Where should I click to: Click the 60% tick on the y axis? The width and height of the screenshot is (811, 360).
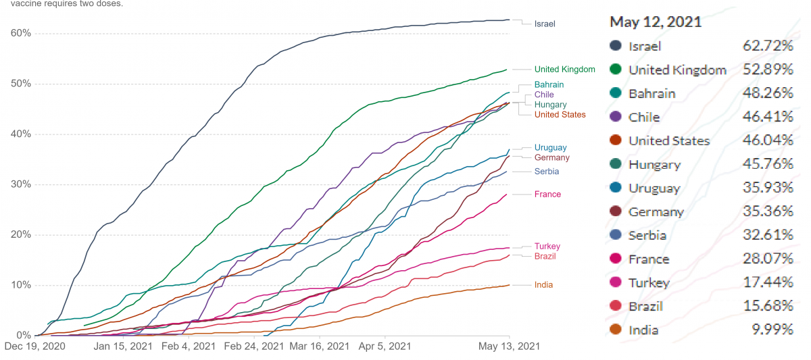[x=21, y=33]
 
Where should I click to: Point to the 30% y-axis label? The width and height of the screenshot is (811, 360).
[x=21, y=184]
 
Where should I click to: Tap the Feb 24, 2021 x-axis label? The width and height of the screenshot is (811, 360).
[x=254, y=346]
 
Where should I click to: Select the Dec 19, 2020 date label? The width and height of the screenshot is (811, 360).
[x=34, y=346]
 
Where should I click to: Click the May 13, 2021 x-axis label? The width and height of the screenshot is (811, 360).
[x=509, y=346]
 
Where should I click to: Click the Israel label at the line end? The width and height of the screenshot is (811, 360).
[x=545, y=24]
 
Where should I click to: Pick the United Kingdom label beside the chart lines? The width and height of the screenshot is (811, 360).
[x=565, y=69]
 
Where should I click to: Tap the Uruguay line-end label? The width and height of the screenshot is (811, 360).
[x=550, y=148]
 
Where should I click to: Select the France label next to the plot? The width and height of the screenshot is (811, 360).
[x=547, y=195]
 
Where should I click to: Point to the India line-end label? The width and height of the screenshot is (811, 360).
[x=543, y=285]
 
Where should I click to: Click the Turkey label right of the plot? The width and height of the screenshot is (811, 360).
[x=547, y=247]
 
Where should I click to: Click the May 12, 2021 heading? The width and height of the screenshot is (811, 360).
[x=656, y=22]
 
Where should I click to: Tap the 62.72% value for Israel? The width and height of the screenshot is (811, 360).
[x=768, y=45]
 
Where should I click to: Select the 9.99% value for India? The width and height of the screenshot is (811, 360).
[x=772, y=329]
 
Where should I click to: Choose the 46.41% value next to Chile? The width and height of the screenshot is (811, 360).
[x=768, y=116]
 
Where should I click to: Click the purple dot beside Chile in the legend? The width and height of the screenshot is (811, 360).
[x=616, y=116]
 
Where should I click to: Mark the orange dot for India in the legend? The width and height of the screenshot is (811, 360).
[x=616, y=329]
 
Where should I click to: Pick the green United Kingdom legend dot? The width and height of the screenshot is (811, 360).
[x=616, y=69]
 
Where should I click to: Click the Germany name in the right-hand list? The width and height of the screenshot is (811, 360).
[x=656, y=212]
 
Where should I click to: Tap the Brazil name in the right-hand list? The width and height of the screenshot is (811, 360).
[x=646, y=307]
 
